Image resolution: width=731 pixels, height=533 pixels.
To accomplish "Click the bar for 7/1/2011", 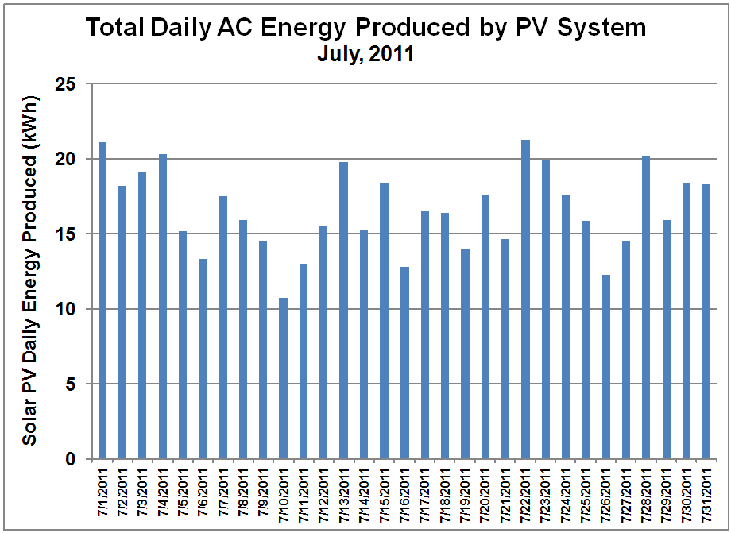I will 102,301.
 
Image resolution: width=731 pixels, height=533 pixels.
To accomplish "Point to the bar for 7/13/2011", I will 344,311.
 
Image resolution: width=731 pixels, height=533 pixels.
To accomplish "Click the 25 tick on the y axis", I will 72,83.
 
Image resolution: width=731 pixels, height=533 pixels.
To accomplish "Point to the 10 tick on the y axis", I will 72,309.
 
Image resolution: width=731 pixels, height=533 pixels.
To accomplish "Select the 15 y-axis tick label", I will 72,234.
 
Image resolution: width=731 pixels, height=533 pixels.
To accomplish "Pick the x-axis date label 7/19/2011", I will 465,494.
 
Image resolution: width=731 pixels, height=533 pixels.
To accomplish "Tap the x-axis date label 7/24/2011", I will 566,494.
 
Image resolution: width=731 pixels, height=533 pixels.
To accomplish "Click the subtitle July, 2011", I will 365,55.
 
